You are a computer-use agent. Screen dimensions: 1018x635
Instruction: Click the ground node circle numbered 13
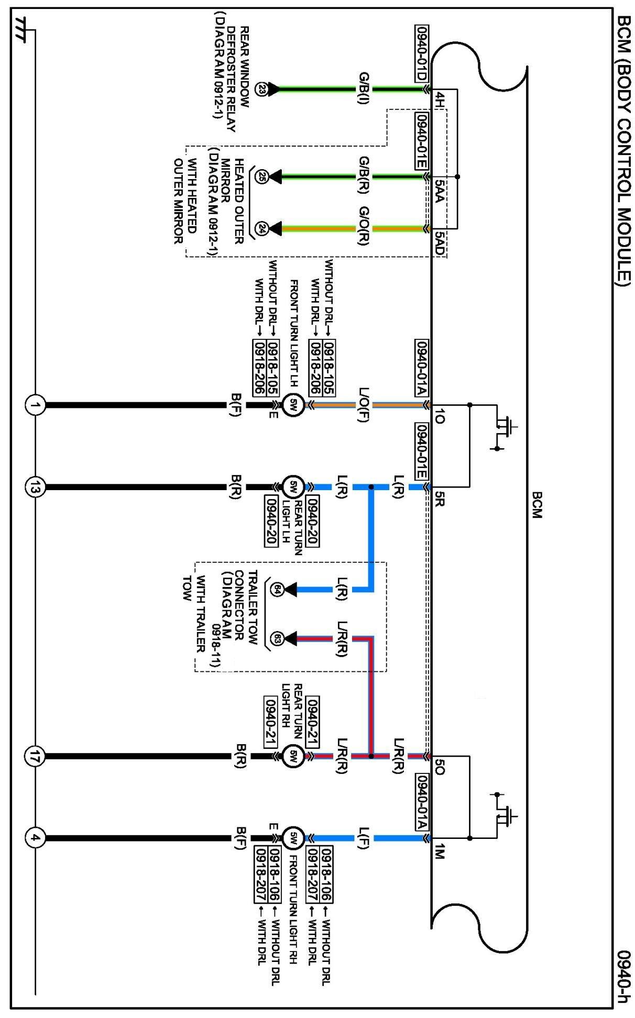coord(35,487)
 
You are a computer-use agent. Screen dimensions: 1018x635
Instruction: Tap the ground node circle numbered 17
coord(35,756)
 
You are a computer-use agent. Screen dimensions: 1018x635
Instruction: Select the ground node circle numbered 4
coord(35,838)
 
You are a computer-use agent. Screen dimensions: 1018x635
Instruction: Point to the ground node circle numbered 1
coord(35,405)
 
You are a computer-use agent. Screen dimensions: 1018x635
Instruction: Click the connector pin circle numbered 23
coord(261,90)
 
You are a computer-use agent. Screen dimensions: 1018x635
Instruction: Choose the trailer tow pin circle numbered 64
coord(277,590)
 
